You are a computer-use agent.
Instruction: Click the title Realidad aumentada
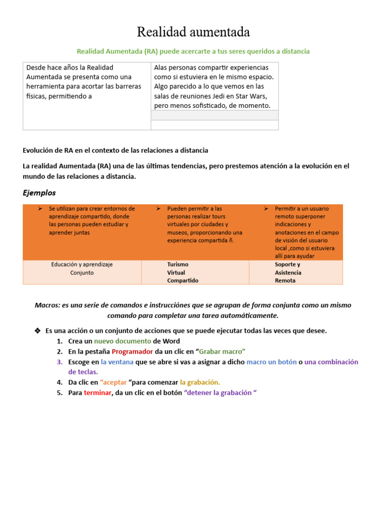pyautogui.click(x=193, y=33)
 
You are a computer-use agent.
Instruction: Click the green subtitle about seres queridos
pyautogui.click(x=193, y=51)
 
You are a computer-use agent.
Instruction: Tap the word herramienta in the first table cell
pyautogui.click(x=46, y=86)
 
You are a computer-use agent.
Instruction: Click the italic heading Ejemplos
pyautogui.click(x=39, y=192)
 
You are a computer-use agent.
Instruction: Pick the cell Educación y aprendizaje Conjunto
pyautogui.click(x=82, y=269)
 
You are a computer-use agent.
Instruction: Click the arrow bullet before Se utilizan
pyautogui.click(x=40, y=208)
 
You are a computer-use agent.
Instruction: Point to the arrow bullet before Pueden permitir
pyautogui.click(x=158, y=208)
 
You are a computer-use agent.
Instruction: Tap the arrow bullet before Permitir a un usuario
pyautogui.click(x=266, y=208)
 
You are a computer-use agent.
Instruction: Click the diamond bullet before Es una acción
pyautogui.click(x=37, y=331)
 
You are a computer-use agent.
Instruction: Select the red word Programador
pyautogui.click(x=132, y=351)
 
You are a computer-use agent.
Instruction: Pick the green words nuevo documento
pyautogui.click(x=122, y=341)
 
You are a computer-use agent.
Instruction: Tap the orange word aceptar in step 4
pyautogui.click(x=113, y=382)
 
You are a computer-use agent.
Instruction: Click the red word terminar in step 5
pyautogui.click(x=98, y=393)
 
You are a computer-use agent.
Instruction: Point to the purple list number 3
pyautogui.click(x=59, y=362)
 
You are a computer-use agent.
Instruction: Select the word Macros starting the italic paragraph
pyautogui.click(x=46, y=305)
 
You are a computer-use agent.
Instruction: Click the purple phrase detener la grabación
pyautogui.click(x=220, y=393)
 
